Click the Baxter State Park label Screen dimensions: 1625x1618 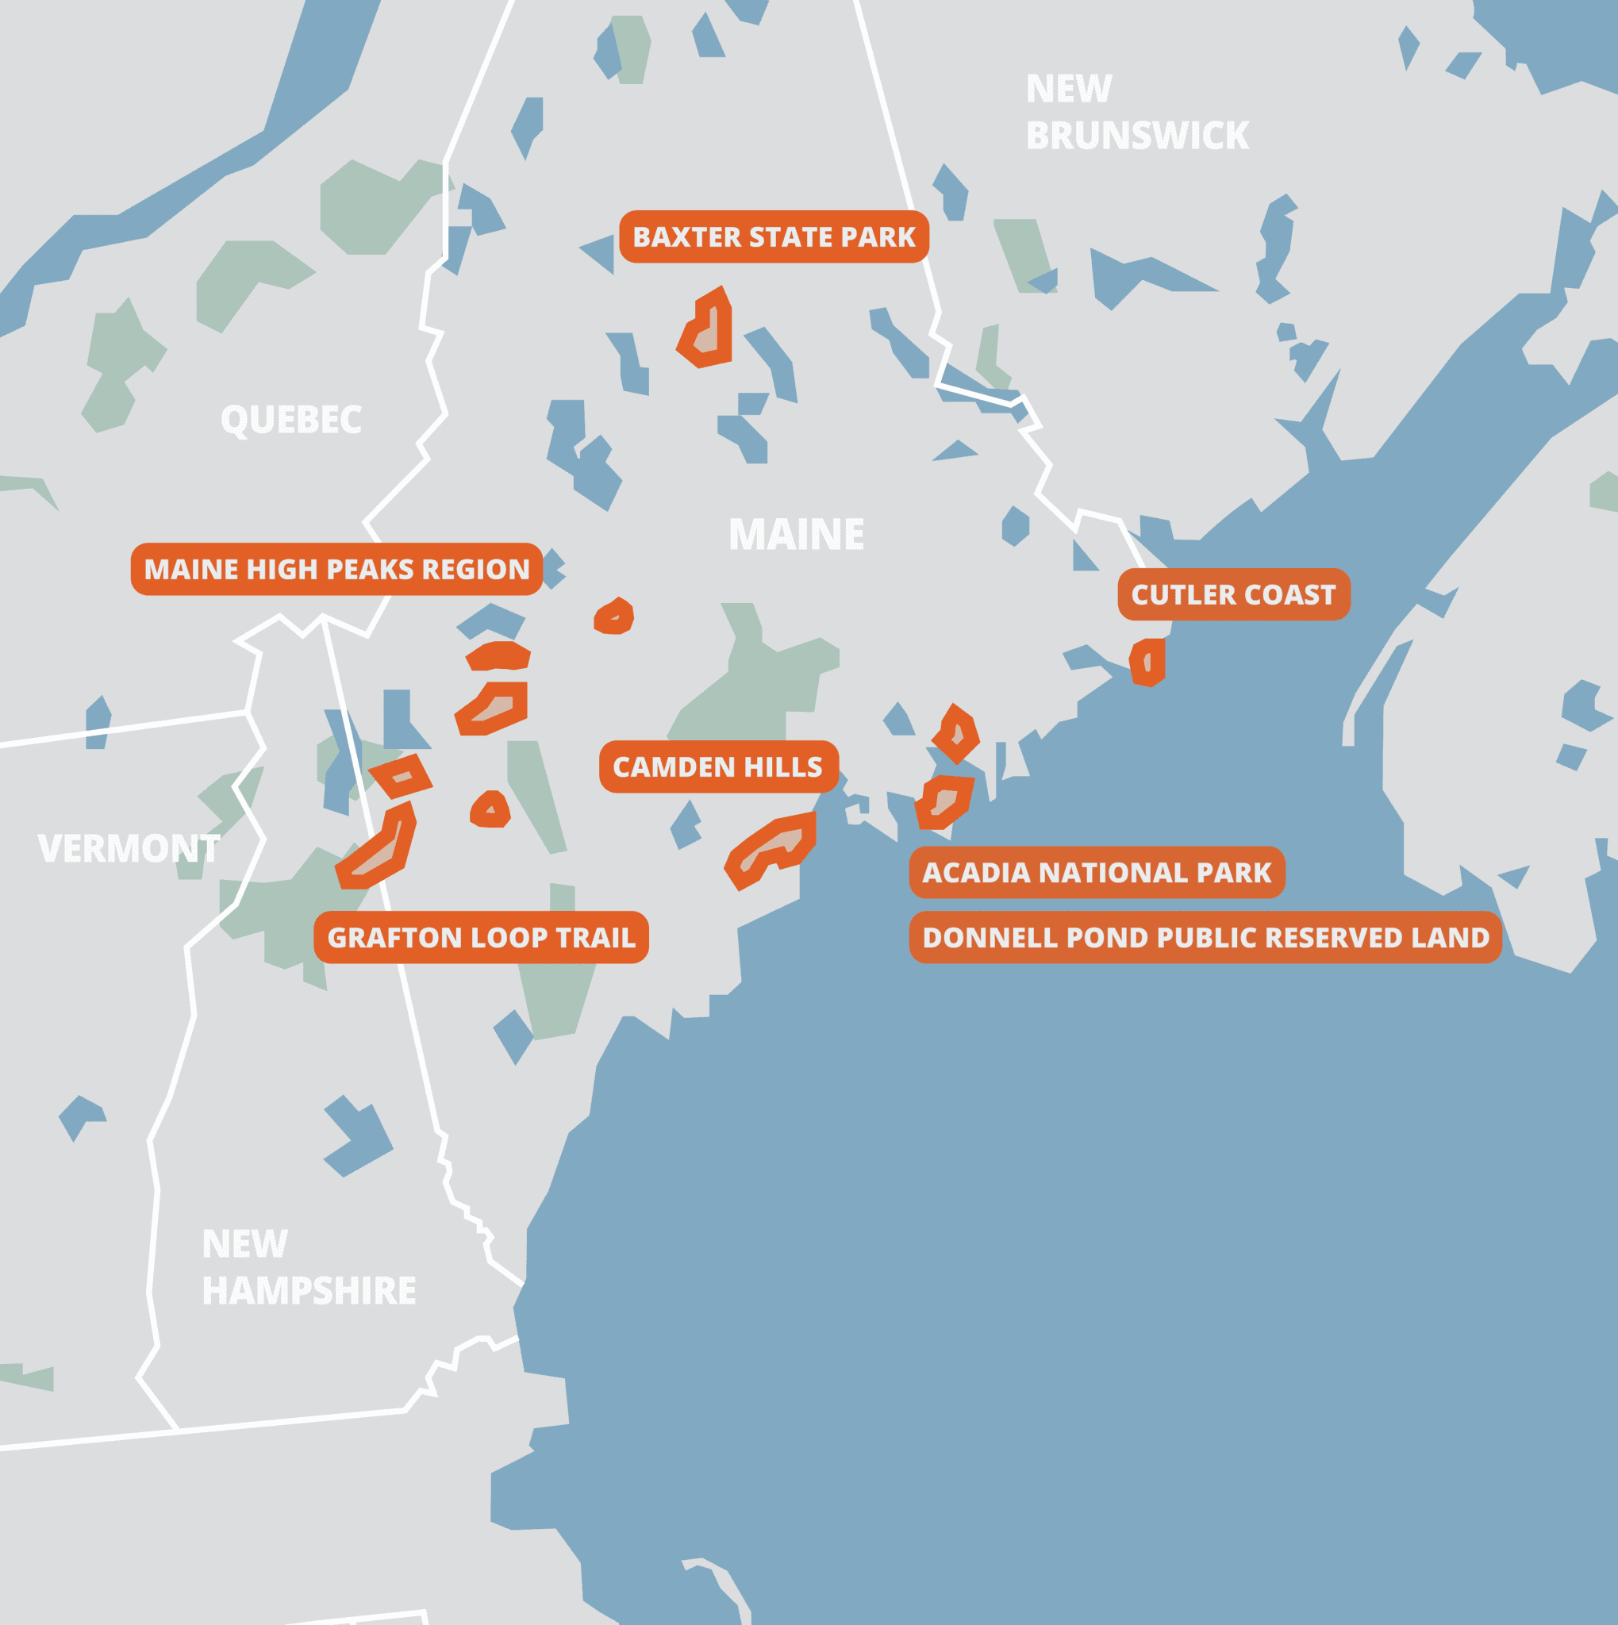click(x=774, y=237)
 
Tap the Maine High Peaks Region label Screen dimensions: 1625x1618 click(x=336, y=570)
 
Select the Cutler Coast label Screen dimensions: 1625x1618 click(x=1233, y=594)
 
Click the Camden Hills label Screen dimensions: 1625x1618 click(x=717, y=767)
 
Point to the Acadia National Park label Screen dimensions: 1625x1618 click(x=1097, y=872)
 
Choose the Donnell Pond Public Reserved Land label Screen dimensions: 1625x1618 click(x=1205, y=938)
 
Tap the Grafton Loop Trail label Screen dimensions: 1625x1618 click(x=481, y=938)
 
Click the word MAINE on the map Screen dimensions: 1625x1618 click(x=796, y=535)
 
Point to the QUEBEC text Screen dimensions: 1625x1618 click(x=291, y=420)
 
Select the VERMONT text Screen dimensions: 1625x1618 click(x=129, y=849)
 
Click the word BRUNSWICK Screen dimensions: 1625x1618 click(x=1137, y=136)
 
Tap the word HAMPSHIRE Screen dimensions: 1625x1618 click(x=309, y=1291)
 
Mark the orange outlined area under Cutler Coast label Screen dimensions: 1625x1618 click(x=1147, y=663)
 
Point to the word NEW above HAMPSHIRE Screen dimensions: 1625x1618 click(x=244, y=1244)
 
